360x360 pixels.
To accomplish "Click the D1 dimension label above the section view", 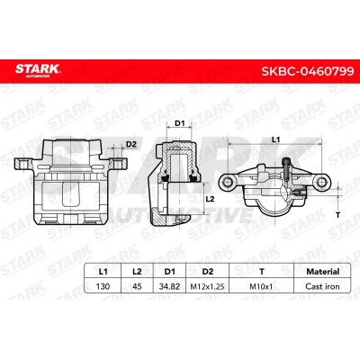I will click(179, 123).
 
